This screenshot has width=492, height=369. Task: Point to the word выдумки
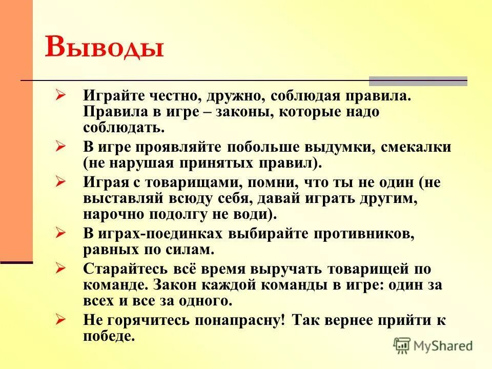(350, 147)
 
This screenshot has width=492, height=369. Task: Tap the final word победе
(109, 336)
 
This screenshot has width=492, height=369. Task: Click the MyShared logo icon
(402, 345)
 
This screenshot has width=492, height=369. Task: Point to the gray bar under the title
(418, 80)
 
